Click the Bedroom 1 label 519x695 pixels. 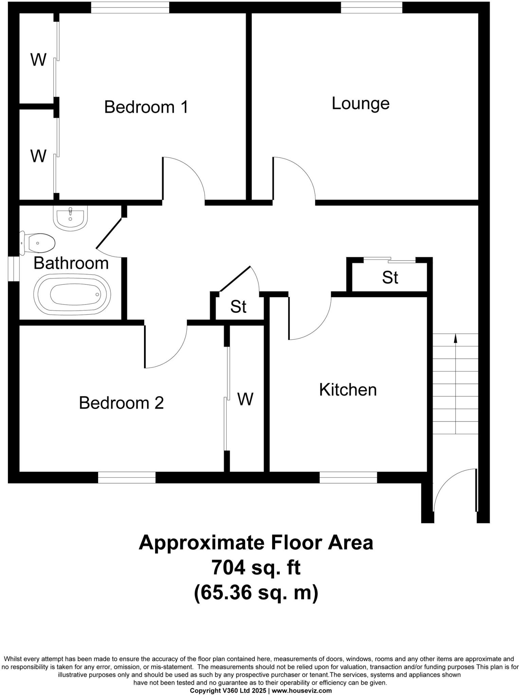click(x=146, y=107)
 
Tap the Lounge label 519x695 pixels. click(x=360, y=104)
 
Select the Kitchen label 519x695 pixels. click(x=348, y=390)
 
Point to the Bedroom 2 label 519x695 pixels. click(x=121, y=403)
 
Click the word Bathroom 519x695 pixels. click(x=71, y=263)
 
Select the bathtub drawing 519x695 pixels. click(x=72, y=294)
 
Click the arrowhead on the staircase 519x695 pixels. click(x=455, y=338)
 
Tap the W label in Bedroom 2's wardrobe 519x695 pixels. click(x=245, y=399)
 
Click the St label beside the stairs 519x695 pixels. click(x=390, y=278)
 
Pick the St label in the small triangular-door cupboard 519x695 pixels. click(x=238, y=307)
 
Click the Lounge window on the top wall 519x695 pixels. click(x=371, y=7)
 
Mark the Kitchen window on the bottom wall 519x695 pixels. click(x=348, y=477)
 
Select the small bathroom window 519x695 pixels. click(x=14, y=269)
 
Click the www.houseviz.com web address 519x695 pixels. click(x=302, y=690)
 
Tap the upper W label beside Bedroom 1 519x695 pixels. click(x=38, y=60)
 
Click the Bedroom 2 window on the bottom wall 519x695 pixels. click(x=127, y=477)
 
